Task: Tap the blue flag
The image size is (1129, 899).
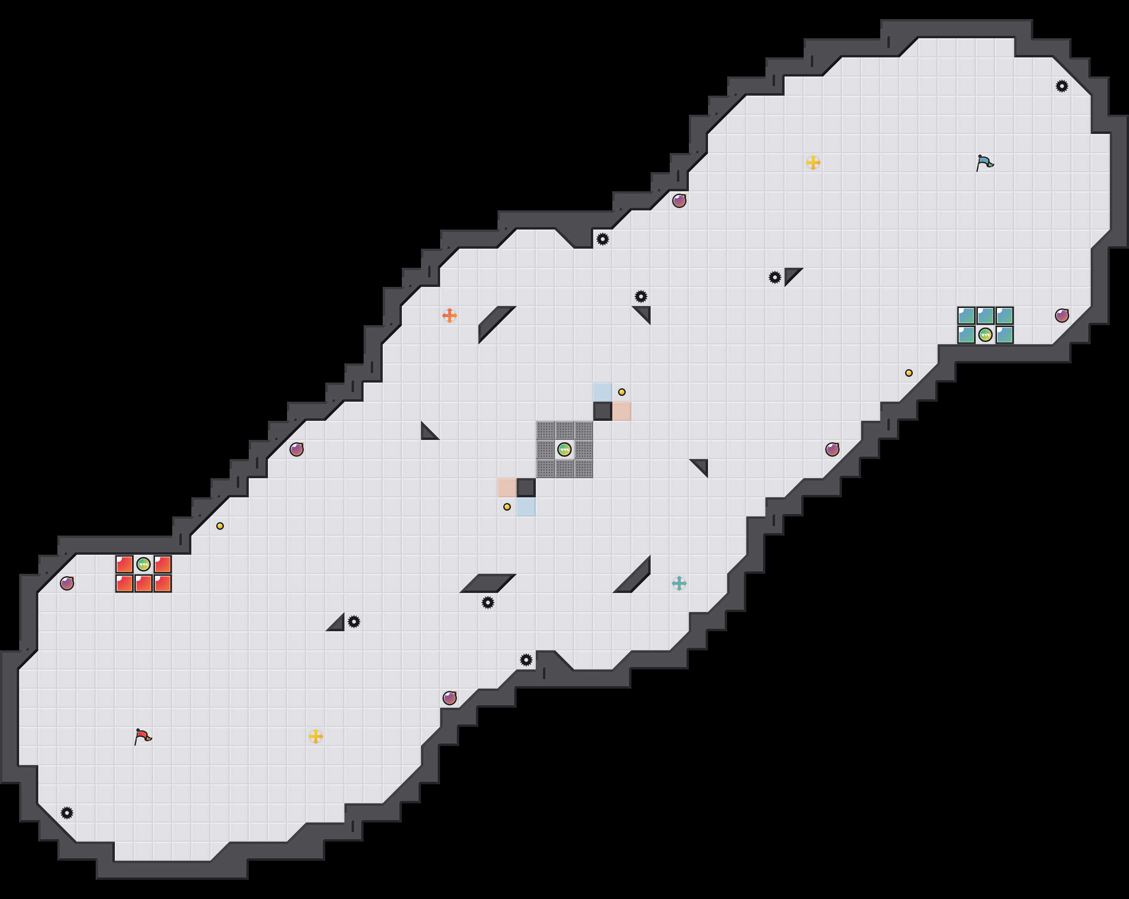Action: point(985,163)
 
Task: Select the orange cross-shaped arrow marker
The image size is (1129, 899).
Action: point(449,316)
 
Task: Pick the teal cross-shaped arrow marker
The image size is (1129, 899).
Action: point(679,583)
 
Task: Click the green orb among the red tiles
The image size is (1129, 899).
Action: point(144,564)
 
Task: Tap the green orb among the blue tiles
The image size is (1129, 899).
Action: point(985,335)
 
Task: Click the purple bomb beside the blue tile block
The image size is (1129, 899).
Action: point(1062,316)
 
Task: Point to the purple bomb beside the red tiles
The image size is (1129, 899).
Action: point(67,583)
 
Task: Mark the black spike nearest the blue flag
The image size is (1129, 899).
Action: point(1062,87)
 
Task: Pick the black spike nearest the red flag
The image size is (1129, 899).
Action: point(67,813)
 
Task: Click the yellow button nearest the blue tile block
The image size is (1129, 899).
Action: point(908,373)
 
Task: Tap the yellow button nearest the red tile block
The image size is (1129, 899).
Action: point(220,526)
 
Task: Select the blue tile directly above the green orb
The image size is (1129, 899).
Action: point(985,316)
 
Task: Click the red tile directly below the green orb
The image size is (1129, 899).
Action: point(144,583)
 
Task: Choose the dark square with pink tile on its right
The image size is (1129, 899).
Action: point(602,412)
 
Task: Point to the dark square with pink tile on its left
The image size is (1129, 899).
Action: point(526,488)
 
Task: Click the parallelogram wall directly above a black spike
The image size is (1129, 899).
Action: point(487,583)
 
